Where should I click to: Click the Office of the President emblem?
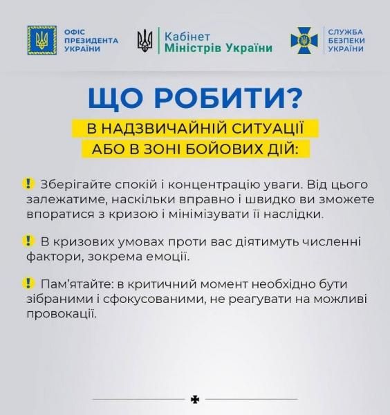click(x=37, y=41)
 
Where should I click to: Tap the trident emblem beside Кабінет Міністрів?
click(x=145, y=41)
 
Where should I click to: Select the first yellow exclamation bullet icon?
click(x=27, y=183)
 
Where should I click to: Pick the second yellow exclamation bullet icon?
click(x=27, y=241)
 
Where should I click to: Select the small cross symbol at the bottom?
click(x=194, y=399)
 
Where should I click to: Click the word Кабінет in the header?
click(x=187, y=35)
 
